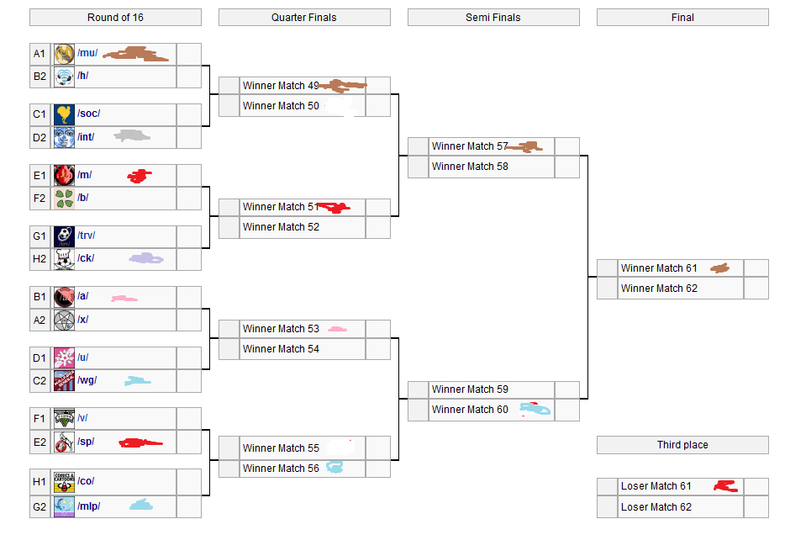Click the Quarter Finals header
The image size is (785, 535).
tap(303, 18)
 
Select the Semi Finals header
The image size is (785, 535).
tap(493, 18)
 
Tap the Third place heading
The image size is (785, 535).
tap(682, 445)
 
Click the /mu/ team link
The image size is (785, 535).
tap(87, 54)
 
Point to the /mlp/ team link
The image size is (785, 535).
tap(89, 506)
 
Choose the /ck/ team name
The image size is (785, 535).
tap(86, 258)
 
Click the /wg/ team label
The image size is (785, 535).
tap(87, 381)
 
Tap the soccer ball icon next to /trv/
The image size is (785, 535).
tap(64, 236)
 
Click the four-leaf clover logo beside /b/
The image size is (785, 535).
tap(64, 199)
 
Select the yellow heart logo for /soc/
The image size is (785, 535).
tap(64, 114)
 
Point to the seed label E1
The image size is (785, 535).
tap(40, 176)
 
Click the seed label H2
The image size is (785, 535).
tap(40, 259)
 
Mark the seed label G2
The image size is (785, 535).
tap(40, 506)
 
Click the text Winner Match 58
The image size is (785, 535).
tap(470, 167)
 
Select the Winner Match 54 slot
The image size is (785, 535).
tap(281, 349)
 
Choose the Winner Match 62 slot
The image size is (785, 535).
tap(659, 289)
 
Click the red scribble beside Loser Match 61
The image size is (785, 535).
tap(724, 486)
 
